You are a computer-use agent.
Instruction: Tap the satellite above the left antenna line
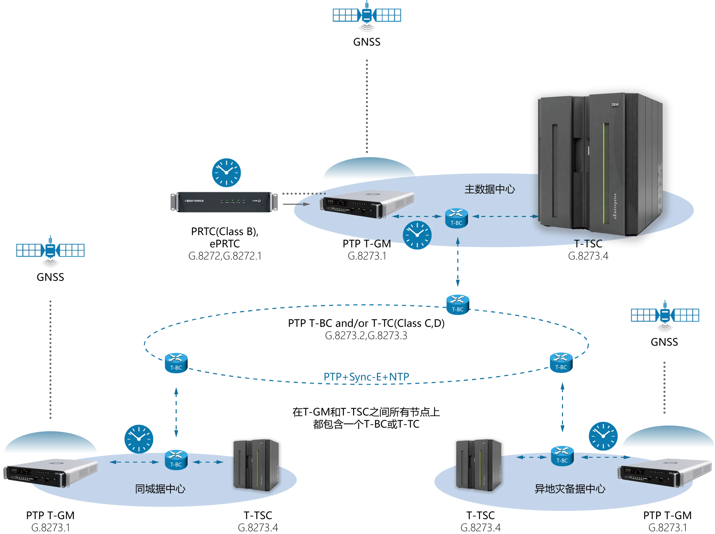tap(50, 250)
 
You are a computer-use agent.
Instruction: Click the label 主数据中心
tap(490, 189)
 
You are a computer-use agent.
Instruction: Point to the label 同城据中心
tap(160, 489)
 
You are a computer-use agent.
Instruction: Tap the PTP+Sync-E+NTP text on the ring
tap(367, 377)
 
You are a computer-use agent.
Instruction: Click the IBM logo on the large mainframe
tap(615, 105)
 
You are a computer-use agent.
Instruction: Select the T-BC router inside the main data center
tap(456, 218)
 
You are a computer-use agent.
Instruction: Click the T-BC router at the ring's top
tap(457, 305)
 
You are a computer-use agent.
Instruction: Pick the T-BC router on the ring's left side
tap(176, 363)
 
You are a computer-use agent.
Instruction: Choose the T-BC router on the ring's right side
tap(561, 363)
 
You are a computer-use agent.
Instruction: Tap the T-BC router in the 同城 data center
tap(176, 460)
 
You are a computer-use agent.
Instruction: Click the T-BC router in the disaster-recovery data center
tap(562, 456)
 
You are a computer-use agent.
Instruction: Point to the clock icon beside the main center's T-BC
tap(417, 235)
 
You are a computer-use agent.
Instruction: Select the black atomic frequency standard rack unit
tap(225, 202)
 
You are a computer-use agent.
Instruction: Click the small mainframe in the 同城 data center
tap(256, 464)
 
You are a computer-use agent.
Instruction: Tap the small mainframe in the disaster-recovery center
tap(479, 464)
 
